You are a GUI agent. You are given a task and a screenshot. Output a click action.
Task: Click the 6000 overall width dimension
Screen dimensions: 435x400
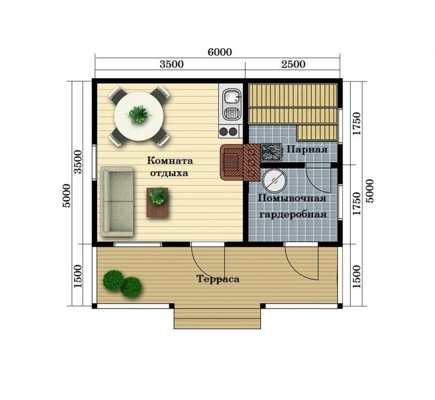(x=220, y=52)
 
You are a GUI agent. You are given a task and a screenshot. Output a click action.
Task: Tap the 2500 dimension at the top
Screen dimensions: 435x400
(x=293, y=64)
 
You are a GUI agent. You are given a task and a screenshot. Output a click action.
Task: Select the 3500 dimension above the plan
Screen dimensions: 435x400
(x=171, y=64)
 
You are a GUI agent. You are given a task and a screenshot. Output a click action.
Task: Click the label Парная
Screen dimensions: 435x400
(x=307, y=150)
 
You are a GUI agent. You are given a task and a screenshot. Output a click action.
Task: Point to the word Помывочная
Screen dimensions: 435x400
(x=292, y=199)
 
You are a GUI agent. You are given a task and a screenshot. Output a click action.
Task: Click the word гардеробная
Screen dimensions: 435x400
(x=292, y=214)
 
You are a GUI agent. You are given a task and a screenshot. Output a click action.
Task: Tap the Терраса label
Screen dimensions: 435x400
(x=217, y=278)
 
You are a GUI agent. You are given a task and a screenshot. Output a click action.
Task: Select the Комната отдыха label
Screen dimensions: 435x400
(x=170, y=167)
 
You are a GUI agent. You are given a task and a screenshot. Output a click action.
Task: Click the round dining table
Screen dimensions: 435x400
(x=139, y=116)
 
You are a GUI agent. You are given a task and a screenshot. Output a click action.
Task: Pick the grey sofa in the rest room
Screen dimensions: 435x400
(x=117, y=201)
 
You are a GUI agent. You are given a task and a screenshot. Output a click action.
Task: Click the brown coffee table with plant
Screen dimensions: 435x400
(x=157, y=203)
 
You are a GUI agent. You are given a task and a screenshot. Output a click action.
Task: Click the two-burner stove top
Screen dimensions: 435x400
(x=229, y=131)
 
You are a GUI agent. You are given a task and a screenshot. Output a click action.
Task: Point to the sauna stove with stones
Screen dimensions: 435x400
(x=271, y=152)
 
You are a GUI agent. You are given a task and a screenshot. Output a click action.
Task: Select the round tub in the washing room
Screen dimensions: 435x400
(x=274, y=180)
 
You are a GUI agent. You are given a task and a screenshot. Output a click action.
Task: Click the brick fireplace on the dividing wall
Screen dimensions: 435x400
(x=240, y=163)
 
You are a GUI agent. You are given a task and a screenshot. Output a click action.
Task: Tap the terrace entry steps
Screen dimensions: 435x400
(x=217, y=318)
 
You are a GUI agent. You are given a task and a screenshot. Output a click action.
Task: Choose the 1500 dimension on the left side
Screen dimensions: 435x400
(x=78, y=276)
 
